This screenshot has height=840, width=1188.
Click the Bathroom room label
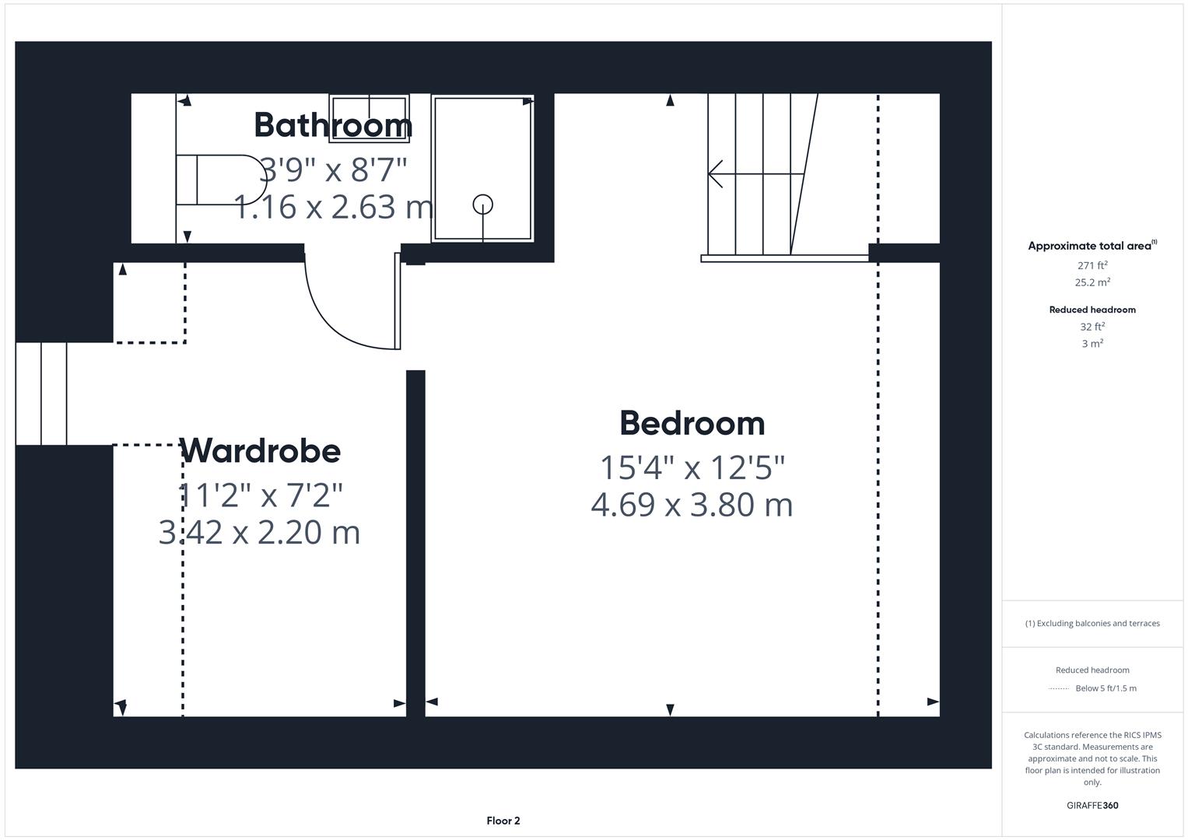tap(333, 124)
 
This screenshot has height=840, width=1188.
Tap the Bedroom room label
tap(692, 423)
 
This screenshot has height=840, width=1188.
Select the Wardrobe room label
tap(260, 450)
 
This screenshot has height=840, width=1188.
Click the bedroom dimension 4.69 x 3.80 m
tap(692, 505)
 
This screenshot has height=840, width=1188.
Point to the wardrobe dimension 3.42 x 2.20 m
tap(259, 533)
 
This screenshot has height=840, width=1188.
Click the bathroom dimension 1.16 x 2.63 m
tap(333, 207)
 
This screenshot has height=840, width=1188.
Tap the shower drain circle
tap(483, 204)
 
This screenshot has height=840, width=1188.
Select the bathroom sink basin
tap(369, 118)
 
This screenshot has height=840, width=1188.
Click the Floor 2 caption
tap(503, 821)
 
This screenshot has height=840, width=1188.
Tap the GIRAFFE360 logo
tap(1092, 805)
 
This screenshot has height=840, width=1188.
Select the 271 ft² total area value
tap(1092, 265)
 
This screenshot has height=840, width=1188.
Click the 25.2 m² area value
tap(1092, 282)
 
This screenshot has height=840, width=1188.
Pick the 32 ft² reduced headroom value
tap(1092, 327)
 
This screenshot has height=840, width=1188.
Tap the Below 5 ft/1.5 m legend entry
tap(1106, 688)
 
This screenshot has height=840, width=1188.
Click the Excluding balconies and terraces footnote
tap(1092, 623)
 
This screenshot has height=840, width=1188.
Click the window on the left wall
tap(41, 394)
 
